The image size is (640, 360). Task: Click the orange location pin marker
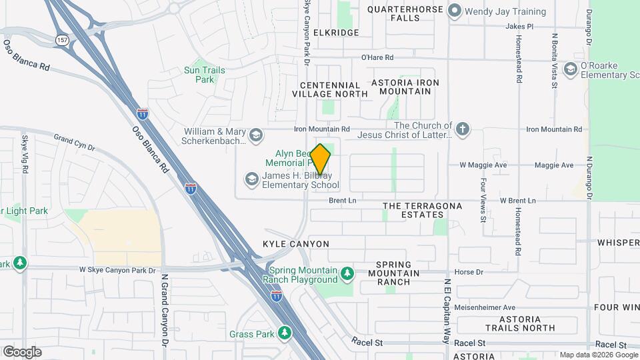(320, 159)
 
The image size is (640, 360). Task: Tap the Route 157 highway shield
(62, 39)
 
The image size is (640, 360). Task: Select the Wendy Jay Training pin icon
(455, 11)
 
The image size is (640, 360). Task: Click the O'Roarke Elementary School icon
(570, 69)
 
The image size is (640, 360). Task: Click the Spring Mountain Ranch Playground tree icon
(347, 273)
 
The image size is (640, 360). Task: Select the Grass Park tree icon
(285, 332)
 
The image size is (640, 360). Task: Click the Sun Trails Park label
(205, 75)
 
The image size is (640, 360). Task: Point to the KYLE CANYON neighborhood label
(296, 245)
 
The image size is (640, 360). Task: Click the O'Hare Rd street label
(377, 58)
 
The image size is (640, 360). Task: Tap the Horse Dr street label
(467, 272)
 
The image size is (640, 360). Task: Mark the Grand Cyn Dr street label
(75, 141)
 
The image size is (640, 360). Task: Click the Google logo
(22, 351)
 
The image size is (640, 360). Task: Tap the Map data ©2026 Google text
(598, 355)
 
